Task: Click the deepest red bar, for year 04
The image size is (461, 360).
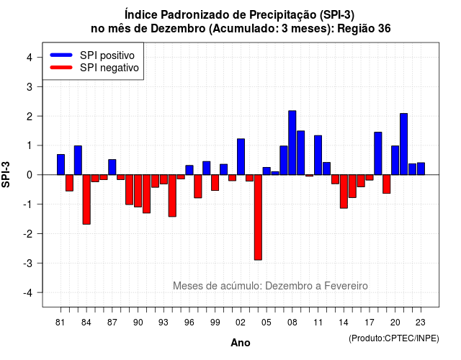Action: [258, 217]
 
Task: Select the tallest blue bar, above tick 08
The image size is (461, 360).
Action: [292, 143]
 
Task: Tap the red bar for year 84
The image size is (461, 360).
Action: [86, 199]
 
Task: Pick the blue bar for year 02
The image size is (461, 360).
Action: [241, 157]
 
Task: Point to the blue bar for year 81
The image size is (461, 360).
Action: [61, 165]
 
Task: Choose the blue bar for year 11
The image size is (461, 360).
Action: [318, 156]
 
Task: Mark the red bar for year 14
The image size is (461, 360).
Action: [344, 192]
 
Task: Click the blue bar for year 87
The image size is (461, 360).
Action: [112, 167]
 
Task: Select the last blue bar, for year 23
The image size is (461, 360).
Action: [421, 168]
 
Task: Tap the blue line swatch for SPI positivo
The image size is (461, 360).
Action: [61, 55]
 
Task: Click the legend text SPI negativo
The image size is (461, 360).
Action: [109, 68]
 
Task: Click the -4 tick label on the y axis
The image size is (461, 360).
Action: [28, 293]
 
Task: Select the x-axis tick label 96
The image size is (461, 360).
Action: [189, 323]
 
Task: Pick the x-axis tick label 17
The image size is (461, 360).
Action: [370, 323]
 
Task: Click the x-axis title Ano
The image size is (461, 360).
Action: [241, 343]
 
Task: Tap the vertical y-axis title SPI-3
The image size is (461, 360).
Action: [6, 174]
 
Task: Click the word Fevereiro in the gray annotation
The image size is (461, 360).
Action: [346, 286]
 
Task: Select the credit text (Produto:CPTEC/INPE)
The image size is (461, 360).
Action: [394, 338]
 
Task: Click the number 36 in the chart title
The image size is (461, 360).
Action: [384, 29]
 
